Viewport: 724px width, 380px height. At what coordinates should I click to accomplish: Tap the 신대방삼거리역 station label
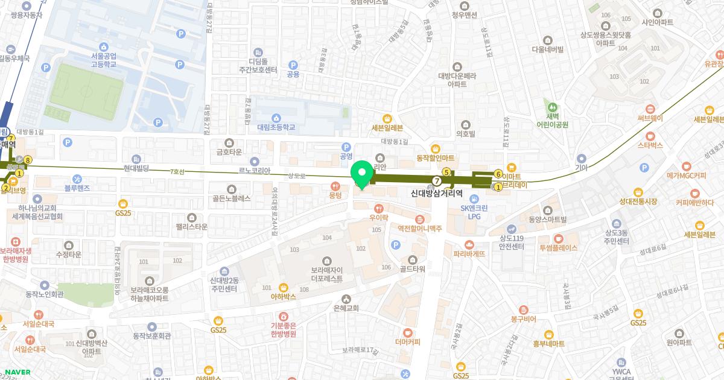436,194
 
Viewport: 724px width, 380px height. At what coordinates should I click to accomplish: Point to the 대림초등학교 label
276,127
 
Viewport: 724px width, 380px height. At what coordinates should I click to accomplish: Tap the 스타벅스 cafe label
650,145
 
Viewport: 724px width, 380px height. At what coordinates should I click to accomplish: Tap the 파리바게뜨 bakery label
469,254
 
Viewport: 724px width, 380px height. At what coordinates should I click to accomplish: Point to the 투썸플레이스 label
558,247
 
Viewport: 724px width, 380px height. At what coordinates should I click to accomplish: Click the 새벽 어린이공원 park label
549,121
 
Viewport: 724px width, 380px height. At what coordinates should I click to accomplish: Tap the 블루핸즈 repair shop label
77,188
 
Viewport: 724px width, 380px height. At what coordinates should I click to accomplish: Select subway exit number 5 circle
446,172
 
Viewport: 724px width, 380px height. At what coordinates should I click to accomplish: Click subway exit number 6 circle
498,174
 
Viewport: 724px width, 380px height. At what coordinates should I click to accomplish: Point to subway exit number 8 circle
28,160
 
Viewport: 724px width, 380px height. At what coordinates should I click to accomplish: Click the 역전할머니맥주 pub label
420,228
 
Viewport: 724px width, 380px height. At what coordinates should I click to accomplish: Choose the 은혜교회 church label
346,308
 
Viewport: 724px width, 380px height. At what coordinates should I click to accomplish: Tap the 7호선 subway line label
177,172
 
